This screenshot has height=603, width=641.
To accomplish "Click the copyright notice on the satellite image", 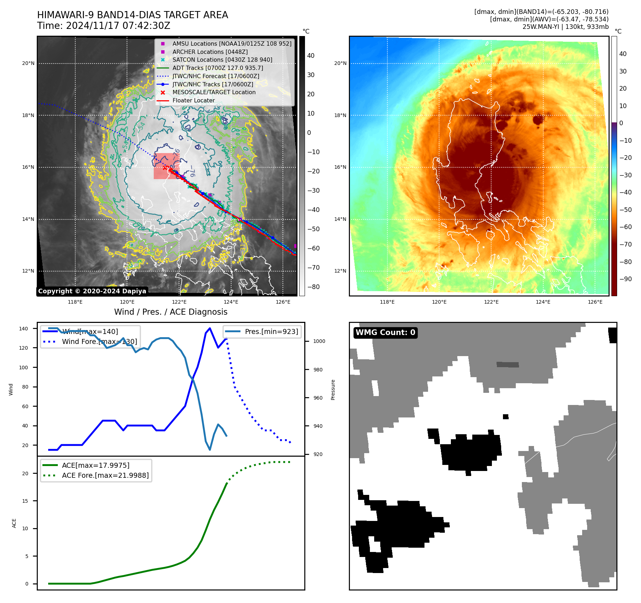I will (x=92, y=291).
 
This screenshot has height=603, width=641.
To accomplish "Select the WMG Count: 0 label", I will (x=385, y=333).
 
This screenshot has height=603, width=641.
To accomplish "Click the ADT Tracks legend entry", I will (x=218, y=68).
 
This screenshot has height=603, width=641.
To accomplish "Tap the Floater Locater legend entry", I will (x=193, y=101).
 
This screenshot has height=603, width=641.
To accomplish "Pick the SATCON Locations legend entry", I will (x=222, y=60).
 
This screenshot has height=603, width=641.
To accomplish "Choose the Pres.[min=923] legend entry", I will (x=271, y=331).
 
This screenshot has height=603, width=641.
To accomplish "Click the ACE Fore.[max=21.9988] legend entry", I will (x=105, y=475).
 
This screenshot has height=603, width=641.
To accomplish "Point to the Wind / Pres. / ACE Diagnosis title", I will (x=171, y=312).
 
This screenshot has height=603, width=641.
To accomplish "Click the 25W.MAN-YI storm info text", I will (x=565, y=27).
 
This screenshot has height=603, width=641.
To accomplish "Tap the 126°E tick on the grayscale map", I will (x=283, y=302).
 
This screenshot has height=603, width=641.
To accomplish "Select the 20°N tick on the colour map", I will (x=340, y=64).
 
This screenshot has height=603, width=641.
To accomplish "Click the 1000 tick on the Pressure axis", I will (x=319, y=341).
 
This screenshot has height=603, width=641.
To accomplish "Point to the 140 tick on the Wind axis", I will (x=24, y=329).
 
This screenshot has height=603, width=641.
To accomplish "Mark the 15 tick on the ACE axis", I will (x=25, y=501).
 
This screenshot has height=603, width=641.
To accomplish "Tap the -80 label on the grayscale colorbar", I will (x=314, y=287).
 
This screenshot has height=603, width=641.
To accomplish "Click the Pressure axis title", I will (x=333, y=390).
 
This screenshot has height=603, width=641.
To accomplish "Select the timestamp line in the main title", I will (x=103, y=26).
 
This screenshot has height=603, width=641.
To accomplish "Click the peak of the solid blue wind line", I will (x=210, y=328).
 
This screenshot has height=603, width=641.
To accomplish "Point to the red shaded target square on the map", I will (x=166, y=166).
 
